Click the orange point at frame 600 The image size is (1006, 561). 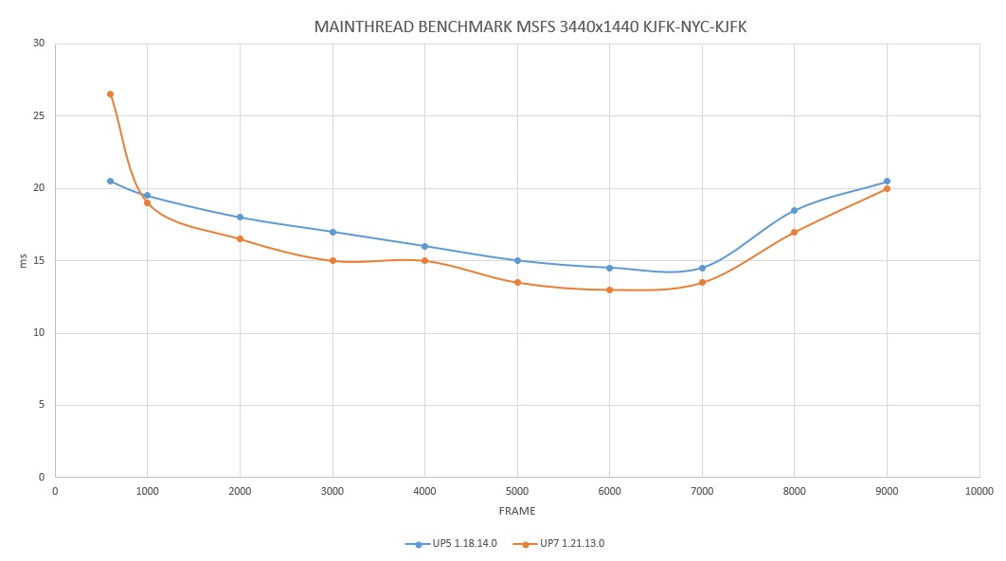(x=110, y=95)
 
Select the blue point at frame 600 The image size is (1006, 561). (x=110, y=182)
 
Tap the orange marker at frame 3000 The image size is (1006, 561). (x=332, y=261)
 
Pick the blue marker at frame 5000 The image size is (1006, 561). (x=517, y=261)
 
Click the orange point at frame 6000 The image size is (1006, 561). (x=609, y=290)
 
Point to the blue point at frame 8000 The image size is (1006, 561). (x=794, y=211)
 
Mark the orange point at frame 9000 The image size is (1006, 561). (x=887, y=189)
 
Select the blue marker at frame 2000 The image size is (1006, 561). (x=240, y=217)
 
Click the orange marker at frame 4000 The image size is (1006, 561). (x=424, y=261)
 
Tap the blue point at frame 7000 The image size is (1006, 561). (x=702, y=269)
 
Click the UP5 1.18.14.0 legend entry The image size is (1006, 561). (x=451, y=544)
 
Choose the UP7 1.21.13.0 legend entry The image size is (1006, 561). (x=559, y=544)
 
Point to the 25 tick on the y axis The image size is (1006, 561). (x=39, y=116)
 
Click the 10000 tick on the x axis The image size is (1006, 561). (x=979, y=491)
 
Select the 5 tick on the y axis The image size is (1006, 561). (x=42, y=405)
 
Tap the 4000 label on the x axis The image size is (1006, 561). (x=424, y=491)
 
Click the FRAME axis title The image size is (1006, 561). (x=517, y=511)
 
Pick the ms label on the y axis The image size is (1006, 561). (x=23, y=261)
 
